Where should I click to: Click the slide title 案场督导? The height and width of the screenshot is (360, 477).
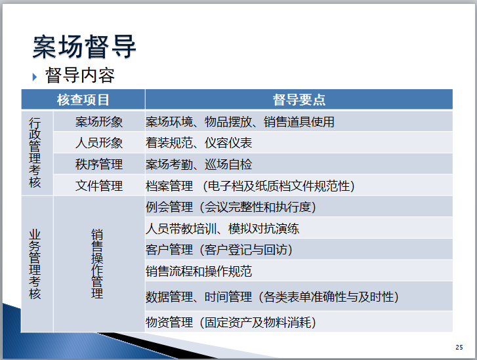pyautogui.click(x=85, y=47)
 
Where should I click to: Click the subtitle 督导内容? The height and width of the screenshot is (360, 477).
pyautogui.click(x=80, y=75)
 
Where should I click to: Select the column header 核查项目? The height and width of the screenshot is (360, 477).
pyautogui.click(x=83, y=100)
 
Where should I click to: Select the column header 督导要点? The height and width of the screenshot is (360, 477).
pyautogui.click(x=299, y=100)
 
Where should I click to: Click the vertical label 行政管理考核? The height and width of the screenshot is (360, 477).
pyautogui.click(x=35, y=153)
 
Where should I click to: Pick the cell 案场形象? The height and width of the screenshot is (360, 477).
pyautogui.click(x=99, y=122)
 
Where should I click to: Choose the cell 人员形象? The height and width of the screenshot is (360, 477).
pyautogui.click(x=99, y=143)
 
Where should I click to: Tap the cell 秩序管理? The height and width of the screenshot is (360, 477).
pyautogui.click(x=99, y=164)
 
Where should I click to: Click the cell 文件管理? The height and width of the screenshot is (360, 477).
pyautogui.click(x=99, y=186)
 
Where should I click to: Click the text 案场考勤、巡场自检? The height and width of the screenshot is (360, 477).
pyautogui.click(x=199, y=164)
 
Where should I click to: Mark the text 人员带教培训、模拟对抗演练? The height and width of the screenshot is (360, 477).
pyautogui.click(x=222, y=229)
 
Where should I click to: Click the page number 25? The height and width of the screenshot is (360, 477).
pyautogui.click(x=459, y=348)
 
